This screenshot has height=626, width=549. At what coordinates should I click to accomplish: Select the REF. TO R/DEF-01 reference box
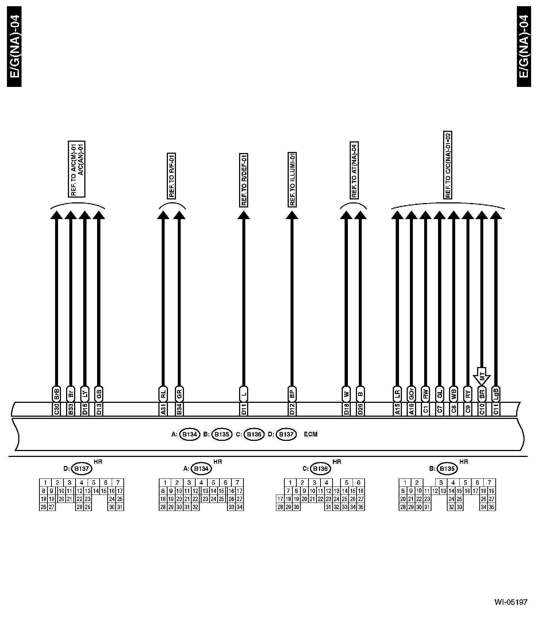tap(243, 180)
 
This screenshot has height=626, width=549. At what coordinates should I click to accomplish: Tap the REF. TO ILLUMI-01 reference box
tap(292, 179)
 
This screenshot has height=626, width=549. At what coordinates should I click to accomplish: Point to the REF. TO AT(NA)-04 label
tap(353, 170)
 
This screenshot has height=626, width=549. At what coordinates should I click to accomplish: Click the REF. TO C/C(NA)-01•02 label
tap(448, 165)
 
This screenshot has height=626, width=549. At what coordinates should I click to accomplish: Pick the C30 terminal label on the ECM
tap(56, 409)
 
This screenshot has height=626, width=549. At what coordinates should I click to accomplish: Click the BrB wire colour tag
tap(56, 394)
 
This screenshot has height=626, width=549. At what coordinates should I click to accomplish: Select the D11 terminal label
tap(243, 409)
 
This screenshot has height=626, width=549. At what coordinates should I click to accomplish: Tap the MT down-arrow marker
tap(482, 376)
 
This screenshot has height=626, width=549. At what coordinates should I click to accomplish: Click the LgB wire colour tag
tap(496, 394)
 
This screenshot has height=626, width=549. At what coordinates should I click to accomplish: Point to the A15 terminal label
tap(397, 409)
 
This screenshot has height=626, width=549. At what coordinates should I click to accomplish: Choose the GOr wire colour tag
tap(411, 394)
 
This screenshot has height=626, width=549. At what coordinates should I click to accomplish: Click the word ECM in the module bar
tap(311, 434)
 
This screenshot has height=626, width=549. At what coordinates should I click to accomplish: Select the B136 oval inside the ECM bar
tap(254, 434)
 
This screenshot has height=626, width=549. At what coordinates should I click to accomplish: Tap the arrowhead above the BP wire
tap(292, 215)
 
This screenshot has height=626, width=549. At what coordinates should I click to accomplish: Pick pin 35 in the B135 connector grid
tap(491, 507)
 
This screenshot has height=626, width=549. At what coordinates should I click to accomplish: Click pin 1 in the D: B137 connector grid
tap(45, 483)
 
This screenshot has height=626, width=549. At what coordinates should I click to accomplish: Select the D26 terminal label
tap(360, 409)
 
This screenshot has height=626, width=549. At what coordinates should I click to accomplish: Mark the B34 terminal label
tap(179, 409)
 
